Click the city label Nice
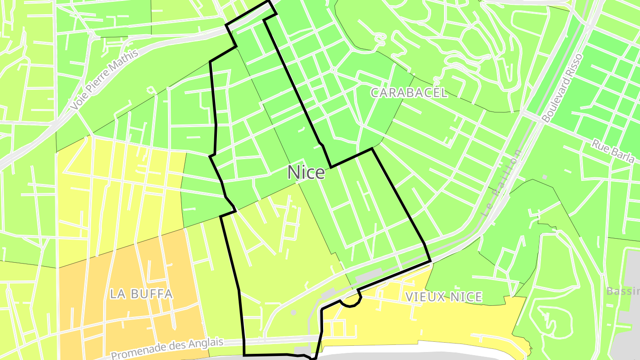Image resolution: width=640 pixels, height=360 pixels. pyautogui.click(x=306, y=172)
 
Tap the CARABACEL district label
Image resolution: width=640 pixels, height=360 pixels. pyautogui.click(x=408, y=92)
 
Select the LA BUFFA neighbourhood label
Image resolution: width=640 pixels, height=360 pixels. pyautogui.click(x=141, y=294)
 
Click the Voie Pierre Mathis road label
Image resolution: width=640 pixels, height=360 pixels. pyautogui.click(x=105, y=80)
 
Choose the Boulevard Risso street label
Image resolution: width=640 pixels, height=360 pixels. pyautogui.click(x=562, y=88)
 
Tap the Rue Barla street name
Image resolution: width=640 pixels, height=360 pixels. pyautogui.click(x=612, y=152)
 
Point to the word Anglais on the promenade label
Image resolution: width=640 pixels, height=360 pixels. pyautogui.click(x=205, y=344)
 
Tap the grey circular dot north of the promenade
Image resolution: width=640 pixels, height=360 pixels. pyautogui.click(x=293, y=313)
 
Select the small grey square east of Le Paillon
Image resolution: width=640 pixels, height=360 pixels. pyautogui.click(x=544, y=177)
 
